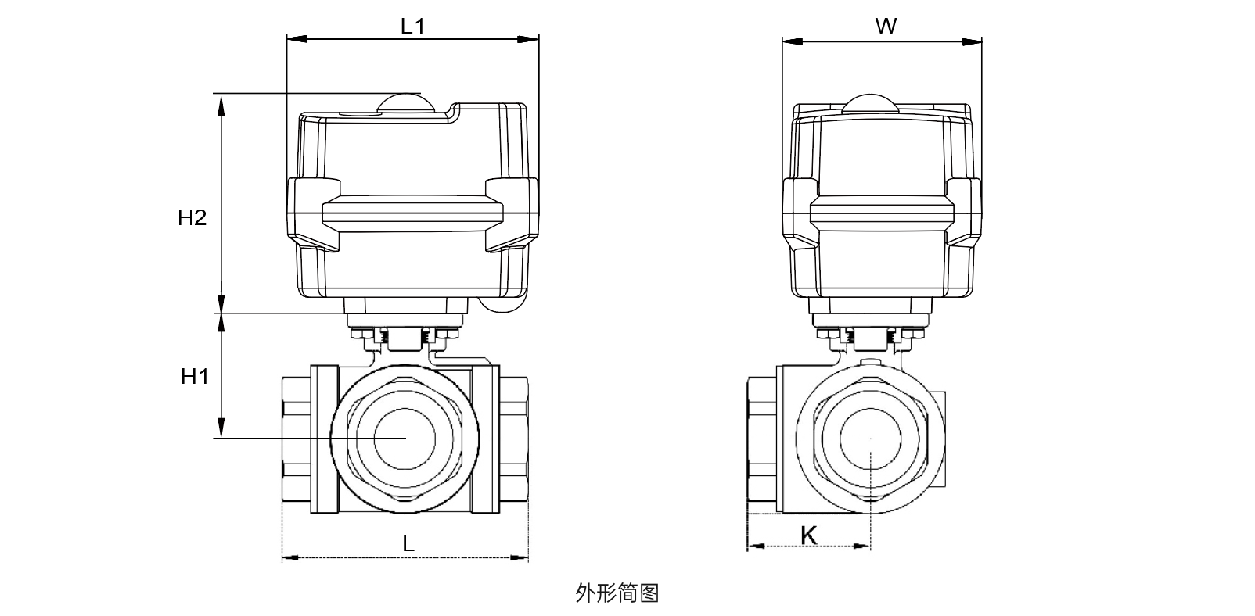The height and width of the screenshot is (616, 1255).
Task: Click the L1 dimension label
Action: click(412, 26)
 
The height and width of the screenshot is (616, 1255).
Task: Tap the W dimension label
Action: click(885, 27)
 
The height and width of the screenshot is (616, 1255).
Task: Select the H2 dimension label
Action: click(192, 218)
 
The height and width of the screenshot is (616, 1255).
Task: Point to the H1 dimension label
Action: click(195, 377)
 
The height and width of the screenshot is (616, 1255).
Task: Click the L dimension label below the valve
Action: click(408, 544)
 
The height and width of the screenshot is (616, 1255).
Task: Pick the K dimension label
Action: click(809, 535)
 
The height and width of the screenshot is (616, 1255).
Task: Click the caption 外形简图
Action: click(617, 593)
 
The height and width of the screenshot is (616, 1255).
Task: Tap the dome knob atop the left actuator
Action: click(403, 102)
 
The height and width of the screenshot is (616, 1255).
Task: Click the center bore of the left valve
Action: click(404, 439)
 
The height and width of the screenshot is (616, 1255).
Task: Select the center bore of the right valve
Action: click(871, 439)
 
